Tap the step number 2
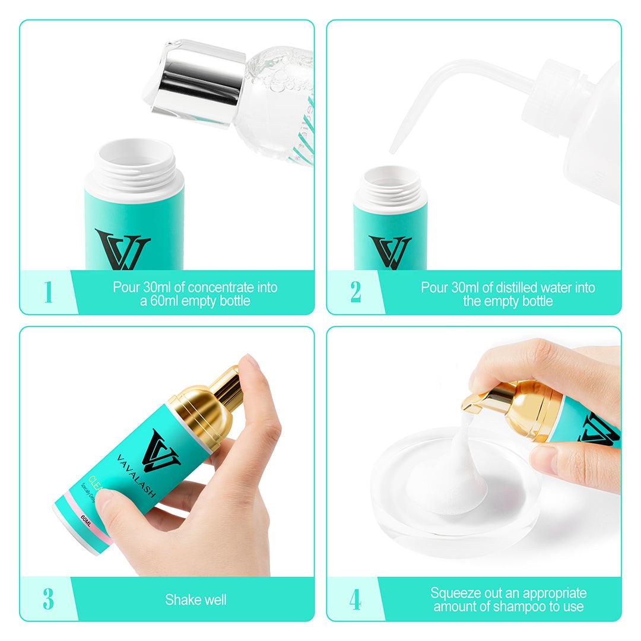(356, 293)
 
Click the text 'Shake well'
(195, 599)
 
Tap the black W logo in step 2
(390, 252)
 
